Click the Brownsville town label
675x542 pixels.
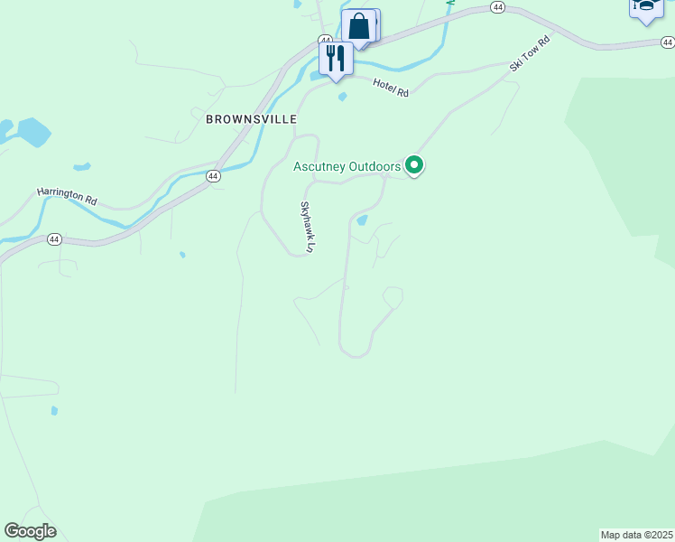251,118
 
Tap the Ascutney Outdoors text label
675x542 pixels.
347,166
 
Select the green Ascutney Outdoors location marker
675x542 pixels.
414,164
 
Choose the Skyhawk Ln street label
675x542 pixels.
308,226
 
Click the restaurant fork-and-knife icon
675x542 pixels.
335,59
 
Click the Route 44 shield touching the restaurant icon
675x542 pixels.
325,41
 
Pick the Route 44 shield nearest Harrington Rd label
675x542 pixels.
54,239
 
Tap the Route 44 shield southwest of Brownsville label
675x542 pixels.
212,176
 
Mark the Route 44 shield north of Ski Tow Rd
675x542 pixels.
497,7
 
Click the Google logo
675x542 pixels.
31,531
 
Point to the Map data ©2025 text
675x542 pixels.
637,535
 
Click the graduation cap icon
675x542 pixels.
646,7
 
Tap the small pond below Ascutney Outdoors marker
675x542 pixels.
362,220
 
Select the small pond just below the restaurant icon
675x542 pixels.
342,97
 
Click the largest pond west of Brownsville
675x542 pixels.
33,132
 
